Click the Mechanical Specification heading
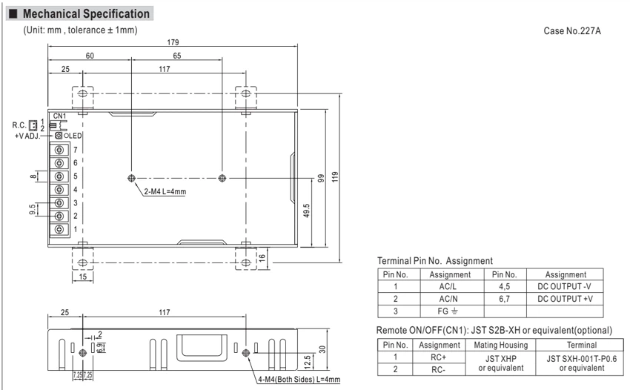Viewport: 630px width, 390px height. coord(86,13)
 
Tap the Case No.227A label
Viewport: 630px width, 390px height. coord(572,31)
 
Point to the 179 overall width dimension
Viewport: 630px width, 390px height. coord(173,42)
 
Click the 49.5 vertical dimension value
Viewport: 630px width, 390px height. coord(306,211)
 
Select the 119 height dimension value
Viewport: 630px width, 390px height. coord(335,177)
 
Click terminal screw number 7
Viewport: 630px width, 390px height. coord(59,150)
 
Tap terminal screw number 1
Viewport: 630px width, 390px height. coord(59,229)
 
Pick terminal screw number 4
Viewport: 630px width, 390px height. coord(59,189)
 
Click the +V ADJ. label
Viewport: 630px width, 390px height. coord(27,136)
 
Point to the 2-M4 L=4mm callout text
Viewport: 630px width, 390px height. coord(165,191)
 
